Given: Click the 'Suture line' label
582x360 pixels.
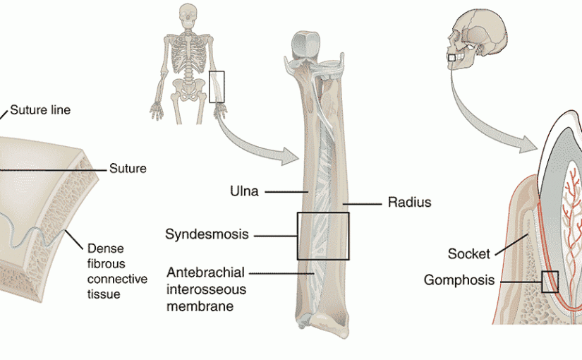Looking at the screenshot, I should click(x=40, y=110).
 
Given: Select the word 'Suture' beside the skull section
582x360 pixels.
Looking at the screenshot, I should click(x=128, y=169).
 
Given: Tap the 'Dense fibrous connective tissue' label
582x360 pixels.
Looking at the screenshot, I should click(x=116, y=271).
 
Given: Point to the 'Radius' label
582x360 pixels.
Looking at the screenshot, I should click(x=409, y=203).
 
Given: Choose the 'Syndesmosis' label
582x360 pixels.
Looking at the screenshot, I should click(x=207, y=234).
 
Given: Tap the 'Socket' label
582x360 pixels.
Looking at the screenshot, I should click(x=468, y=253).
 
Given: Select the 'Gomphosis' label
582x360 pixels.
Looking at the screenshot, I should click(x=460, y=280).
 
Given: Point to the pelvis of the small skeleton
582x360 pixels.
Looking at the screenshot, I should click(x=186, y=88).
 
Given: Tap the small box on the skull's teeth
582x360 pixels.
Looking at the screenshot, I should click(x=452, y=57).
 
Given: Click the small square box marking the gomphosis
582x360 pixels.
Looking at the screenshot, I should click(x=550, y=282).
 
